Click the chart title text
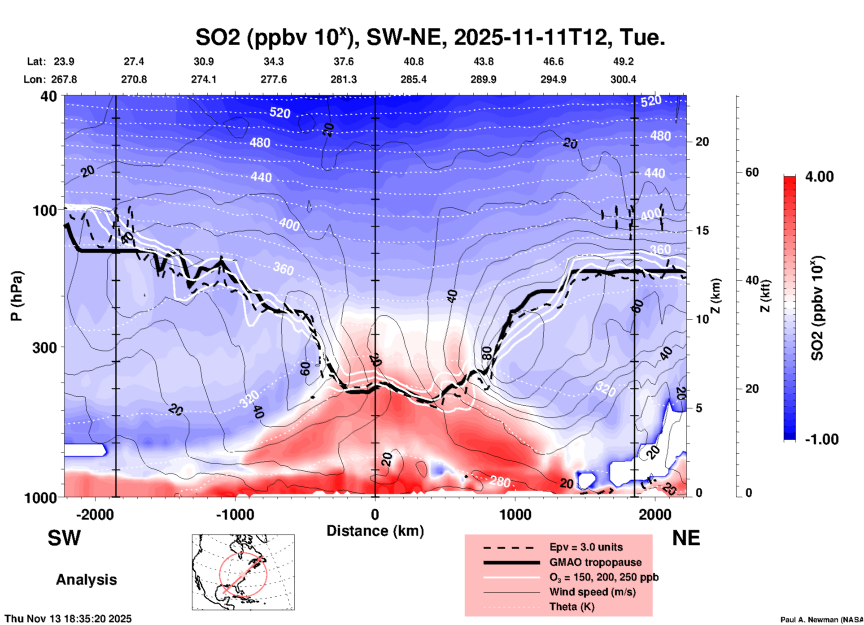pyautogui.click(x=430, y=37)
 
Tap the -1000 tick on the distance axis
pyautogui.click(x=235, y=514)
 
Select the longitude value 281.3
pyautogui.click(x=344, y=79)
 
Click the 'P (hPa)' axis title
pyautogui.click(x=17, y=296)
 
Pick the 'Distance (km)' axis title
pyautogui.click(x=375, y=531)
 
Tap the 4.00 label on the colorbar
pyautogui.click(x=819, y=177)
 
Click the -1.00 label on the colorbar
pyautogui.click(x=821, y=439)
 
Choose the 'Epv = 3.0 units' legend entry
pyautogui.click(x=586, y=547)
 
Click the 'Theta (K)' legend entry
pyautogui.click(x=572, y=607)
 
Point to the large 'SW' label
pyautogui.click(x=64, y=538)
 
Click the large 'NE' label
pyautogui.click(x=686, y=538)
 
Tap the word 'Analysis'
pyautogui.click(x=86, y=580)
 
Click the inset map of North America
pyautogui.click(x=243, y=572)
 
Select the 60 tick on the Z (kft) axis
pyautogui.click(x=752, y=172)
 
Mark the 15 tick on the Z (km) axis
pyautogui.click(x=703, y=230)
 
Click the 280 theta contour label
pyautogui.click(x=500, y=482)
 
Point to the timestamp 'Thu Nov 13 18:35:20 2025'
pyautogui.click(x=68, y=619)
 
